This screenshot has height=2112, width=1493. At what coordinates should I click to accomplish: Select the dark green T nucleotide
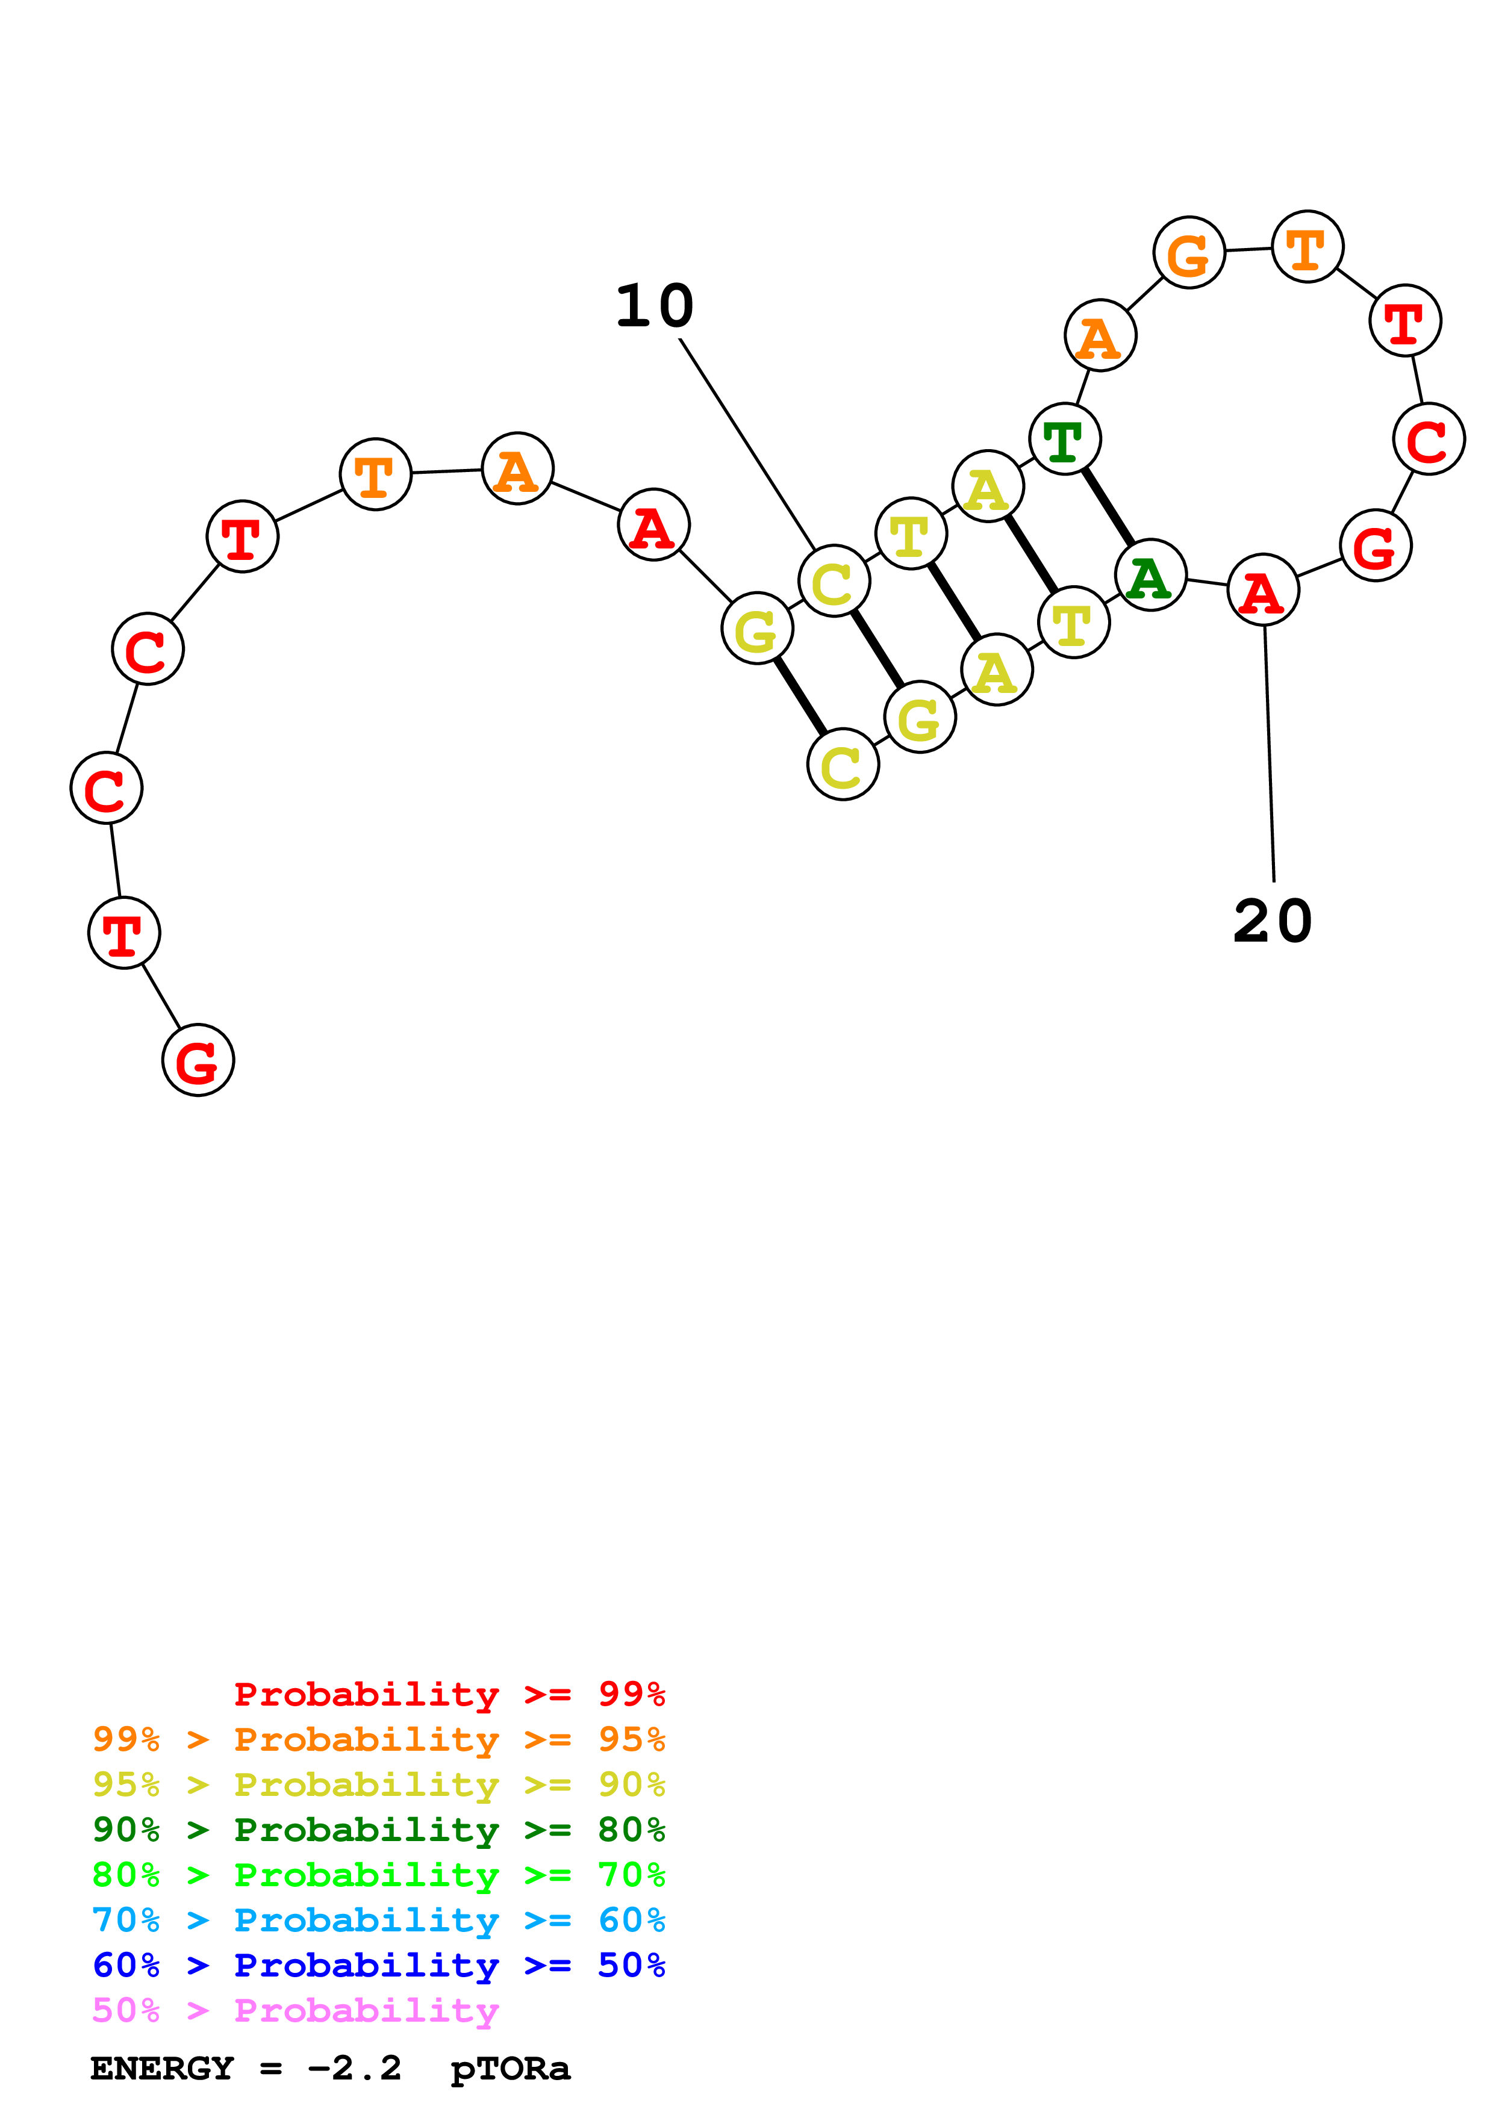pyautogui.click(x=1064, y=439)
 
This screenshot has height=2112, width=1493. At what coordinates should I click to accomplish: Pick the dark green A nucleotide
pyautogui.click(x=1149, y=576)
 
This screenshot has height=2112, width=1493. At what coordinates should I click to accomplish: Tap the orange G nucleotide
pyautogui.click(x=1188, y=253)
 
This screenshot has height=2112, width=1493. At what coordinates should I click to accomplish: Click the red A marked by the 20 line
pyautogui.click(x=1263, y=589)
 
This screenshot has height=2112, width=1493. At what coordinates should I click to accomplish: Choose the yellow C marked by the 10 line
pyautogui.click(x=834, y=582)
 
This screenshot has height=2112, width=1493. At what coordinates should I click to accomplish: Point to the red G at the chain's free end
pyautogui.click(x=198, y=1061)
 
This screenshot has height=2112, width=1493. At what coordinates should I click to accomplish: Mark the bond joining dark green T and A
pyautogui.click(x=1108, y=508)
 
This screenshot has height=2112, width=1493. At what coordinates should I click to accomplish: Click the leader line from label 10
pyautogui.click(x=747, y=443)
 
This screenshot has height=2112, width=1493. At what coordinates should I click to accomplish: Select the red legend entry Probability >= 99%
pyautogui.click(x=449, y=1694)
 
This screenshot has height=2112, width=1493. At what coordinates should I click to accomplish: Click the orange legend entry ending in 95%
pyautogui.click(x=378, y=1739)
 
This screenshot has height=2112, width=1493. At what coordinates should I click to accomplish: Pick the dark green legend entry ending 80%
pyautogui.click(x=378, y=1830)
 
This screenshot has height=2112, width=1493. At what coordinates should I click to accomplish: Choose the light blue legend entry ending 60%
pyautogui.click(x=378, y=1920)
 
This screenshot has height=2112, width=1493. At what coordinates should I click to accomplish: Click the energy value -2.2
pyautogui.click(x=354, y=2069)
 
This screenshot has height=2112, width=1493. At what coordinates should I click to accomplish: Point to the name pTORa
pyautogui.click(x=511, y=2069)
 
